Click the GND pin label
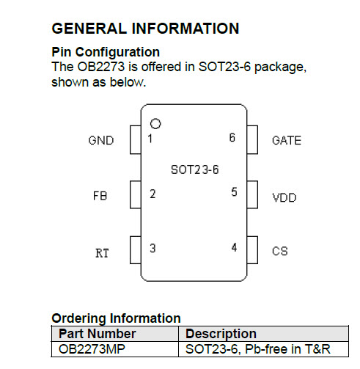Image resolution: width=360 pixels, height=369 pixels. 101,140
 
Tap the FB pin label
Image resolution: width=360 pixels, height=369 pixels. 100,196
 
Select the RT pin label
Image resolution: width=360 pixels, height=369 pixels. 102,253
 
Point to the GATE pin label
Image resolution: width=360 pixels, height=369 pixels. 287,140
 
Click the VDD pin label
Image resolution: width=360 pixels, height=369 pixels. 284,197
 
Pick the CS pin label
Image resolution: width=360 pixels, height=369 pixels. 280,251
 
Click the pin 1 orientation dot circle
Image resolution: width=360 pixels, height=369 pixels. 155,124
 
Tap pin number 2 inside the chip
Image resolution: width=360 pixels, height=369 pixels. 153,194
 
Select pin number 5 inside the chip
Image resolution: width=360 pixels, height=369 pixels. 234,191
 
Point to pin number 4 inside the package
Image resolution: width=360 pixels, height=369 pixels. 234,247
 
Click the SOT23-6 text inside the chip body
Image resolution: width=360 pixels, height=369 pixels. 195,169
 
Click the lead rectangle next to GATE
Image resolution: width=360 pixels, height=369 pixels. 252,140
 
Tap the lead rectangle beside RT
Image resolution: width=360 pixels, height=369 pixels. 136,250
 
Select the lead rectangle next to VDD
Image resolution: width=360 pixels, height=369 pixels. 252,194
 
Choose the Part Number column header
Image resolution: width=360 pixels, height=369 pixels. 98,334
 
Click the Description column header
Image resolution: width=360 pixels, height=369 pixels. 221,334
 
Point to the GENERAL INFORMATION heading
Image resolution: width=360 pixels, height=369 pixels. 145,29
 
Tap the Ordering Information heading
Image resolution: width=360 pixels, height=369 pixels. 116,318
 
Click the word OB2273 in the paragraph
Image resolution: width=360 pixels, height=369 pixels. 101,67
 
